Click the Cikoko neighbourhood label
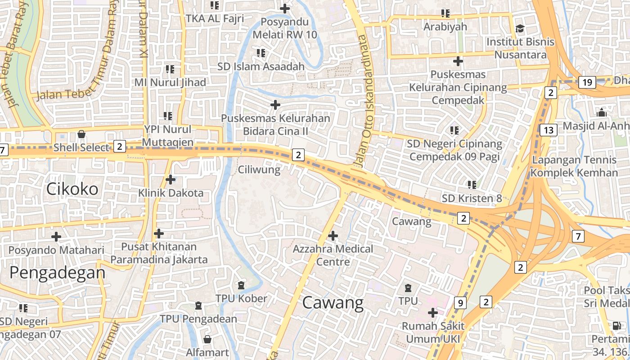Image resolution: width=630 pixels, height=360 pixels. (72, 189)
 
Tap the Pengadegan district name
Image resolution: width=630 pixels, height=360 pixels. (57, 273)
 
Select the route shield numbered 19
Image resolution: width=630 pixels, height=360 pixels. (587, 82)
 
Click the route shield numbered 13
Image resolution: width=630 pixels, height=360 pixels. (549, 130)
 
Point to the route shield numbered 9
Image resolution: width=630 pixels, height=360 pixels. (460, 303)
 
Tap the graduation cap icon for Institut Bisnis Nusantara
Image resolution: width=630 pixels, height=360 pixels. (520, 29)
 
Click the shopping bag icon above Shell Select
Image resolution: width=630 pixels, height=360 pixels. (81, 134)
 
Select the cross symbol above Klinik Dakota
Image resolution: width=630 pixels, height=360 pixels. (171, 180)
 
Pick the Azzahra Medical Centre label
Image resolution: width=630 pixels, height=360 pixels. (333, 255)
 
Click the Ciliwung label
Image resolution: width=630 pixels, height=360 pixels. (259, 170)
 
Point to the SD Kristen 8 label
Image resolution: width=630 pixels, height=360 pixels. (472, 198)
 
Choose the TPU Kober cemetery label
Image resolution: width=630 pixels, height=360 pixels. (241, 298)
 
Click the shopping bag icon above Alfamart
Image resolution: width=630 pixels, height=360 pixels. (207, 339)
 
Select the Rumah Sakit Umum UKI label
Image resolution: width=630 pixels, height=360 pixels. (432, 332)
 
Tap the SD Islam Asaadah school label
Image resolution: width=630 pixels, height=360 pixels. (261, 67)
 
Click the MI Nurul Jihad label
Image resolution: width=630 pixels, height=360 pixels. (170, 82)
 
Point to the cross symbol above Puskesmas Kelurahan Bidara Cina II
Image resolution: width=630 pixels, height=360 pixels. (275, 105)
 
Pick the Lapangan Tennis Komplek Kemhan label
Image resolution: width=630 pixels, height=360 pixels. (574, 166)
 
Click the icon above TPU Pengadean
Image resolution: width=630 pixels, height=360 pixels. (198, 306)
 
